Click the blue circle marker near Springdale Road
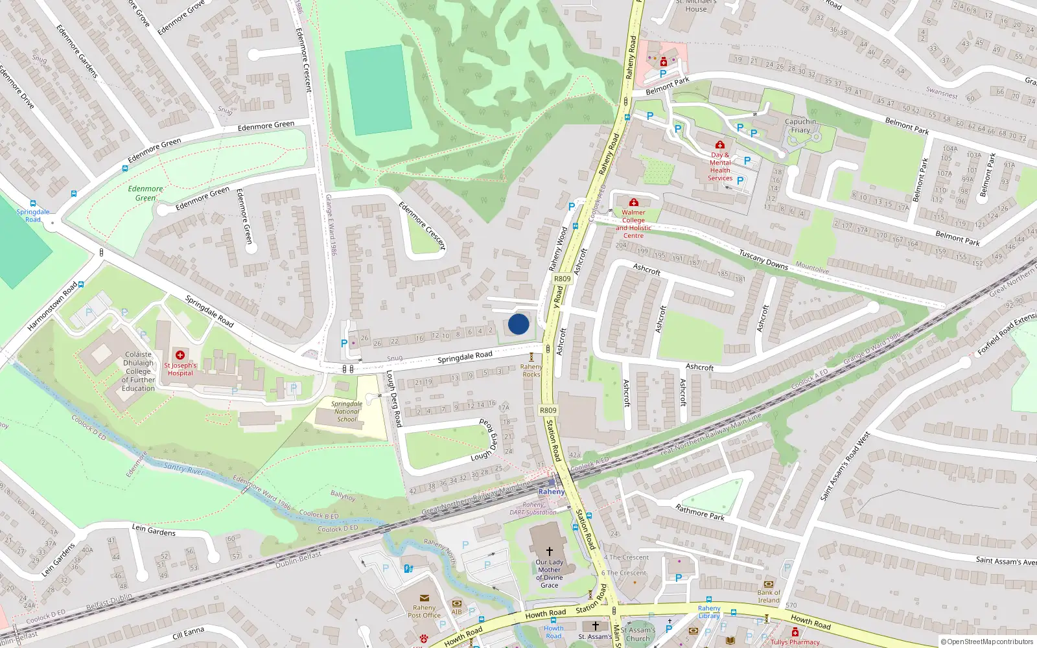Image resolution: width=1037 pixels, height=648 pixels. (518, 324)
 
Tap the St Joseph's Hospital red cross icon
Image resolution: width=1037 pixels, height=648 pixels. (180, 354)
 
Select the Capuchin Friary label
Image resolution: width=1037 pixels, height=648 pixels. (800, 126)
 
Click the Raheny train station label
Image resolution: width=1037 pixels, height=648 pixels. (552, 492)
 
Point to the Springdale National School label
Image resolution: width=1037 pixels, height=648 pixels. (347, 411)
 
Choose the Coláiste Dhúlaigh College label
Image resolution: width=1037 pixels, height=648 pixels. (138, 371)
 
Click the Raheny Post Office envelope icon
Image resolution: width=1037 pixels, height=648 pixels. (424, 598)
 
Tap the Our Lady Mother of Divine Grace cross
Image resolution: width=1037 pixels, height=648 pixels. (550, 551)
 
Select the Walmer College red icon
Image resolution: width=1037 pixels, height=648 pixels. (634, 203)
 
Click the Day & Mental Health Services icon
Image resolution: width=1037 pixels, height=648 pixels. (719, 145)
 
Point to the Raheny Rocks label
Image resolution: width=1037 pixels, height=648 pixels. (531, 371)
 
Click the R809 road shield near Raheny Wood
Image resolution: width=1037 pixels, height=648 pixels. (562, 279)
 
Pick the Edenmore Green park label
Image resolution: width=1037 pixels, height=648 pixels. (146, 193)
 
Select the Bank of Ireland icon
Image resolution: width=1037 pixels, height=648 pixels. (769, 584)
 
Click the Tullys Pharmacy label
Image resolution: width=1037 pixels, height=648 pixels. (795, 642)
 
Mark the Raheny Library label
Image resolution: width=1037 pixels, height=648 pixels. (709, 612)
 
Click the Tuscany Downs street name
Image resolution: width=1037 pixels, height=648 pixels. (763, 260)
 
